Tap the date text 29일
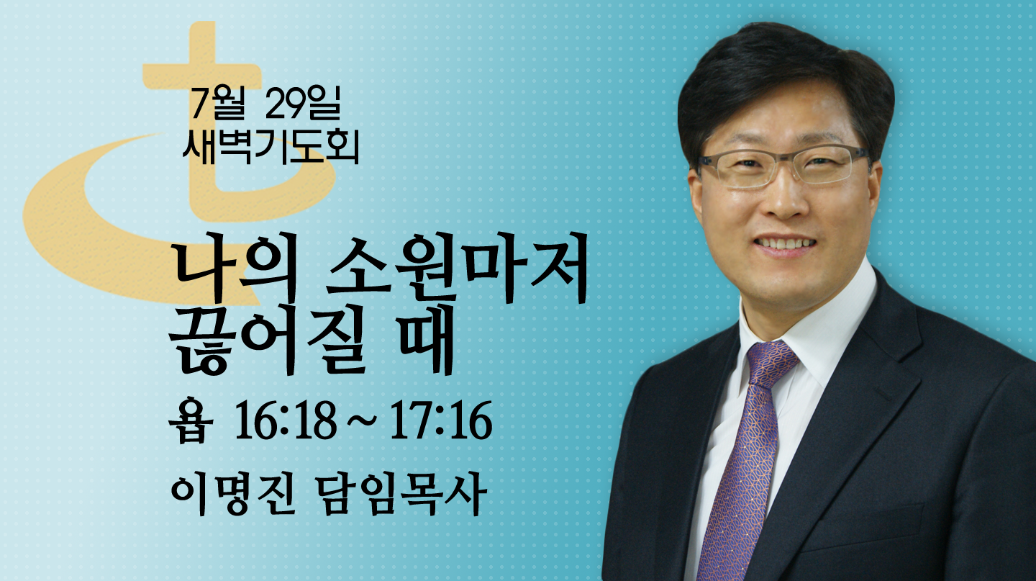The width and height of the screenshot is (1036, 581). point(303,103)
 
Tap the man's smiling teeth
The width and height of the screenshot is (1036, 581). point(785,243)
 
